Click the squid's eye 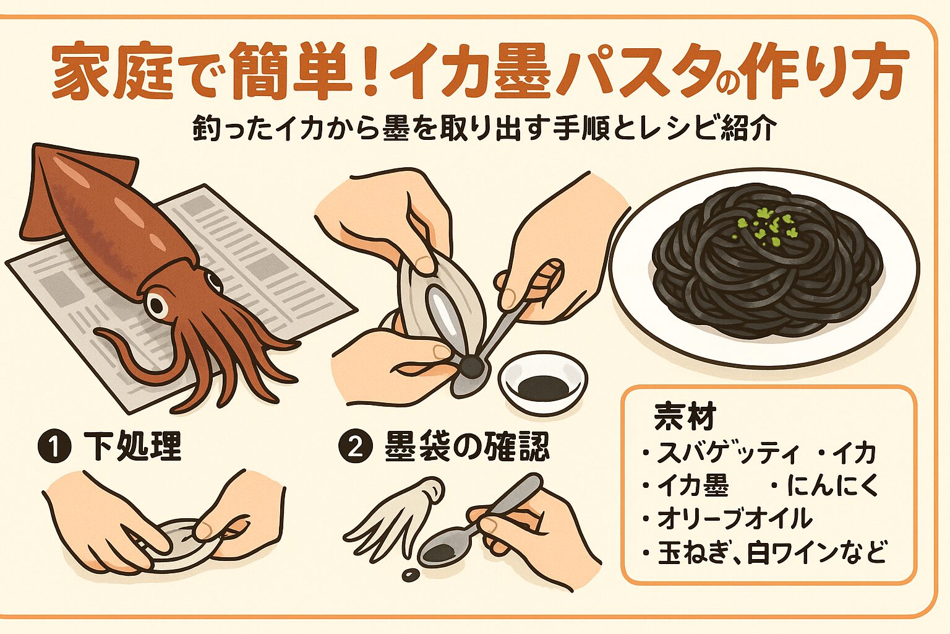click(x=157, y=304)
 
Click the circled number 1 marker click(x=54, y=447)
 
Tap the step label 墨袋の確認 click(x=466, y=446)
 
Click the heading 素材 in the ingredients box click(x=685, y=417)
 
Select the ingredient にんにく click(x=832, y=486)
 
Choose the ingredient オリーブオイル click(x=734, y=518)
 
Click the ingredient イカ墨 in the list click(x=693, y=486)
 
